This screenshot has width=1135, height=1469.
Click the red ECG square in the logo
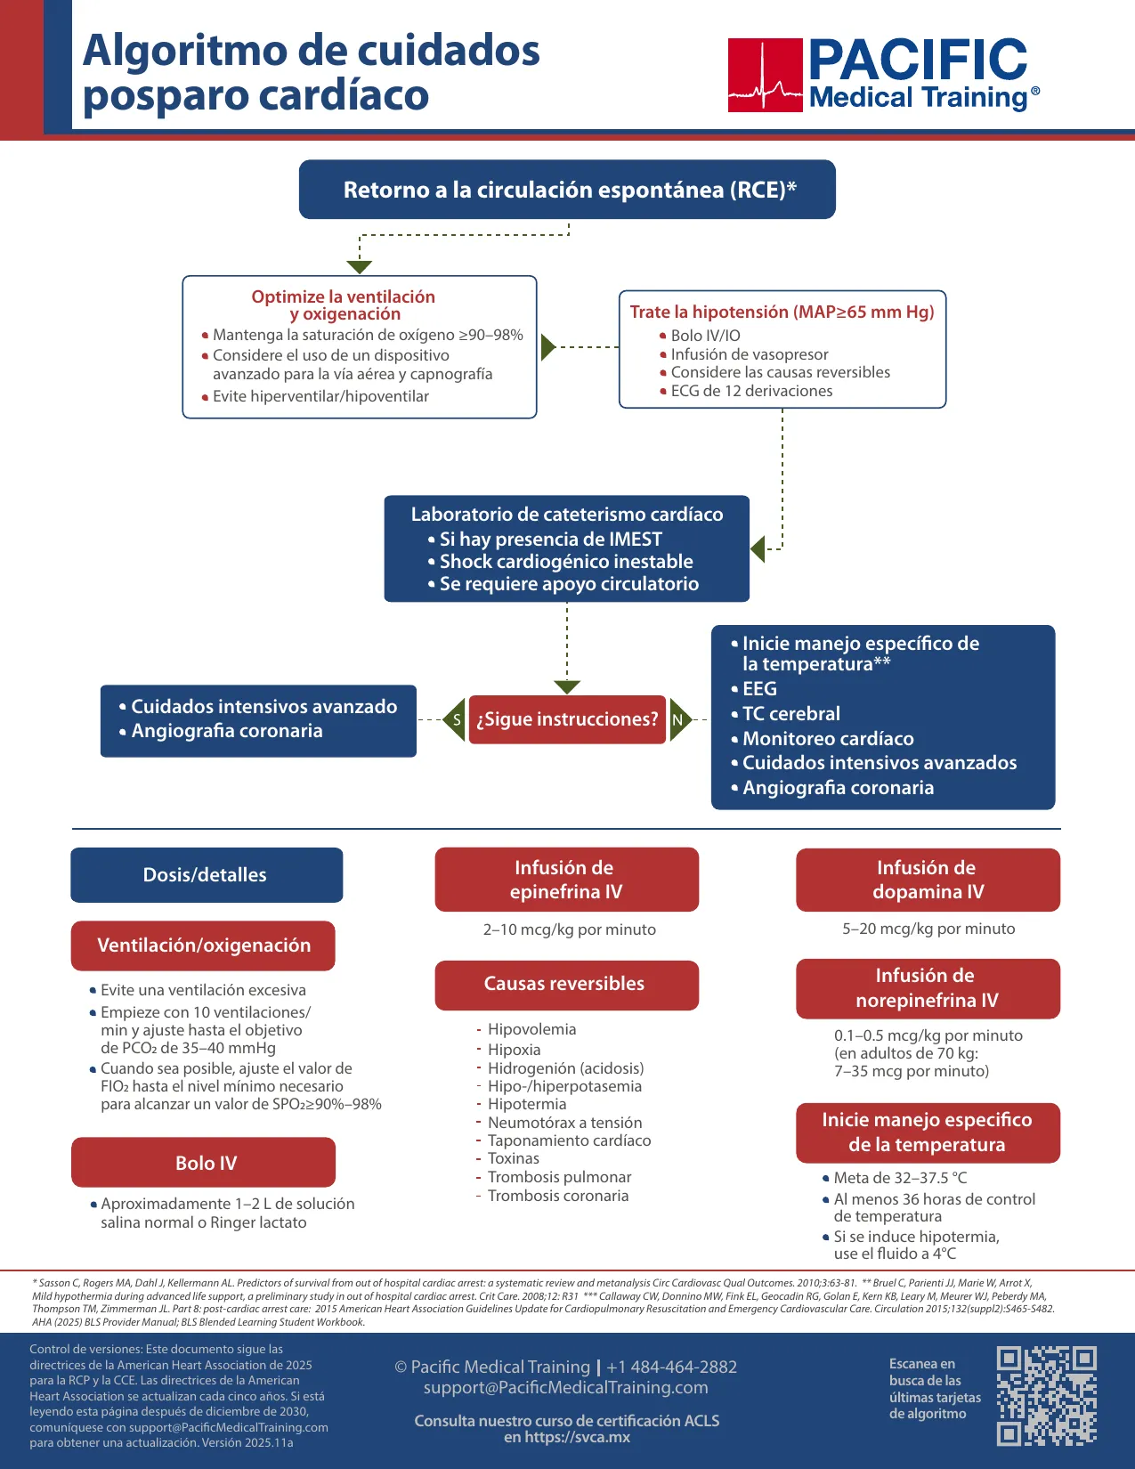point(766,75)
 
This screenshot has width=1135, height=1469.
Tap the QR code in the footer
point(1047,1395)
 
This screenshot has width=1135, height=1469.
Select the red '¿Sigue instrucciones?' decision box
point(567,719)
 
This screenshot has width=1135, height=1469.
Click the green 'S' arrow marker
point(454,719)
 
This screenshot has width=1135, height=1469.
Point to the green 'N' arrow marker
point(680,719)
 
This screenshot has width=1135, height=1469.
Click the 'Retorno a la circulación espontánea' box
point(567,190)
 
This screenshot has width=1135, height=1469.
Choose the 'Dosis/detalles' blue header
point(207,875)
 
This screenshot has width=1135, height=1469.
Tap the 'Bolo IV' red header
point(204,1162)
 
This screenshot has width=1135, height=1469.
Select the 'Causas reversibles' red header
point(566,985)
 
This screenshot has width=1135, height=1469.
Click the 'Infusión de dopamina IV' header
point(928,880)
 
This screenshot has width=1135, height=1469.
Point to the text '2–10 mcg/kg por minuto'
point(569,929)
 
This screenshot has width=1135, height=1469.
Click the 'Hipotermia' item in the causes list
point(527,1104)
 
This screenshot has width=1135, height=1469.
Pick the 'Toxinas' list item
point(514,1158)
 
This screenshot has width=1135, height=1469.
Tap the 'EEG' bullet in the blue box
point(754,689)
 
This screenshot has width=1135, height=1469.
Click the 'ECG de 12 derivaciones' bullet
point(746,391)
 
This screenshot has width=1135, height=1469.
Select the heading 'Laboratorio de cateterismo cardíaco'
point(567,515)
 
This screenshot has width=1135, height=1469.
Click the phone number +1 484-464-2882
point(671,1367)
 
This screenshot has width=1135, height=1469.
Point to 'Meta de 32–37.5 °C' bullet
point(895,1178)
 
